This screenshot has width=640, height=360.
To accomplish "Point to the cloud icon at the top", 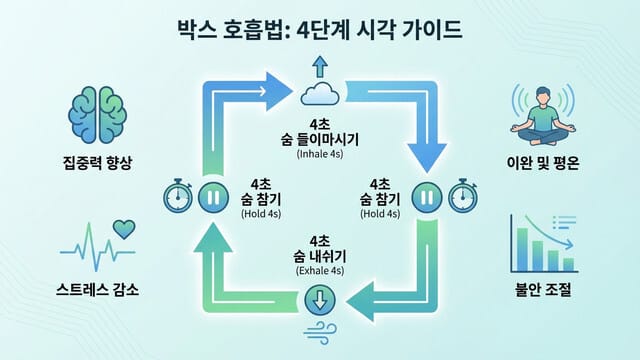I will (x=320, y=95).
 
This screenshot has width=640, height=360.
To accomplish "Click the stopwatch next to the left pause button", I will (x=177, y=197).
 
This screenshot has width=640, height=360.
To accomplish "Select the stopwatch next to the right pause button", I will (x=462, y=196).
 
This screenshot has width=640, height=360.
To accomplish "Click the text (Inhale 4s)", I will (x=320, y=155).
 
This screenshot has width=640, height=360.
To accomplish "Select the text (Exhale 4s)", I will (x=320, y=271).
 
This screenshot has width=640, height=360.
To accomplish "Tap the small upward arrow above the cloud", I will (x=320, y=67).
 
